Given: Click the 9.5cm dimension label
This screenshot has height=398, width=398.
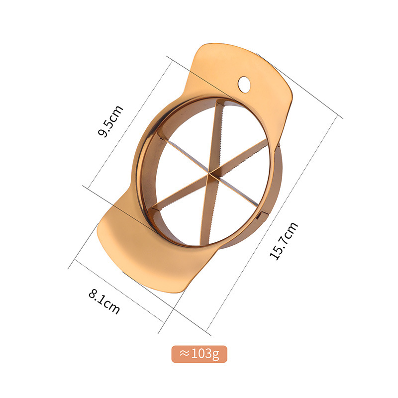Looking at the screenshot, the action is pos(110,121).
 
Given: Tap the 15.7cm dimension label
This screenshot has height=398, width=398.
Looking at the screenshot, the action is pos(284,241).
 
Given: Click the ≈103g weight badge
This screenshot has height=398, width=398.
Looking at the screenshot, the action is pos(199,354).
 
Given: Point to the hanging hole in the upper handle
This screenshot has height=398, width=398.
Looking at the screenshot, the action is pos(244,84).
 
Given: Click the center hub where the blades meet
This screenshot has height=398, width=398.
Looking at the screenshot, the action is pos(209,174).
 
